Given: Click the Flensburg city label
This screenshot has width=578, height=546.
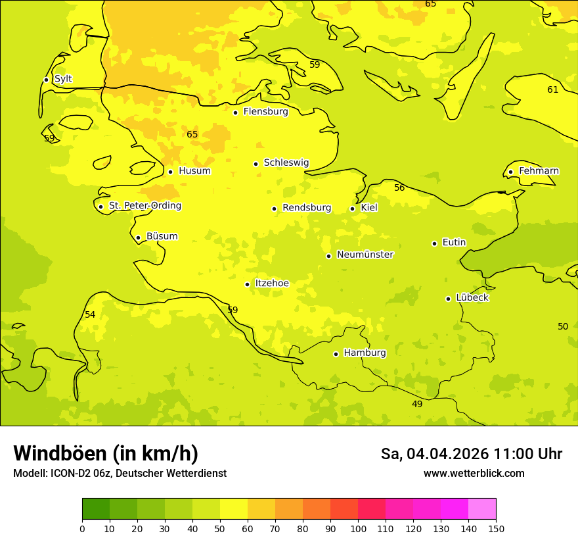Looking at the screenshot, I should (265, 112).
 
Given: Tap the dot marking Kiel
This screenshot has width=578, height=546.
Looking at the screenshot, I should (353, 209).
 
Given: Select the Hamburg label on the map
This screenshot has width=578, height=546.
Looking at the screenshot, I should (365, 353).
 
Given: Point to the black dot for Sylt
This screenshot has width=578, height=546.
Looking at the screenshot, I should (46, 80).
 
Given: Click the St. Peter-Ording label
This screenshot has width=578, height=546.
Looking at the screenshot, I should (144, 206).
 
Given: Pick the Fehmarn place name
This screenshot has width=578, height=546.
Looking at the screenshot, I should (539, 171).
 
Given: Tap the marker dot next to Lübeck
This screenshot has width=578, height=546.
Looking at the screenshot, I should (448, 299).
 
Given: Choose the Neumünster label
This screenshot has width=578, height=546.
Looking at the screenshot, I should (365, 255).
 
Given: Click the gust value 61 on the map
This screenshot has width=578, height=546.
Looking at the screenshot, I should (552, 89).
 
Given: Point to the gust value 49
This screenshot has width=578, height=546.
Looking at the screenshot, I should (417, 404).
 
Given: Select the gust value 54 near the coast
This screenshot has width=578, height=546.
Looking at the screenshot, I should (90, 314).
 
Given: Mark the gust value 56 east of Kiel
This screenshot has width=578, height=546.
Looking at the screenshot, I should (399, 187).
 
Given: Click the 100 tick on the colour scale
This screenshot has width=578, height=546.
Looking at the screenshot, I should (358, 528).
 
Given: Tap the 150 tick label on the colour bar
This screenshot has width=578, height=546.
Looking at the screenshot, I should (495, 528).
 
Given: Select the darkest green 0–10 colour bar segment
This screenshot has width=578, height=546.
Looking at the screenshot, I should (96, 509).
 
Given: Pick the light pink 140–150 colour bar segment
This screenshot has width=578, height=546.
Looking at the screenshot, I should (482, 509).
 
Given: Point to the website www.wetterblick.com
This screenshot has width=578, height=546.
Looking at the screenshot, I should (474, 473).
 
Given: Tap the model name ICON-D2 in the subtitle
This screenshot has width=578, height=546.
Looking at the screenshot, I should (72, 473).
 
